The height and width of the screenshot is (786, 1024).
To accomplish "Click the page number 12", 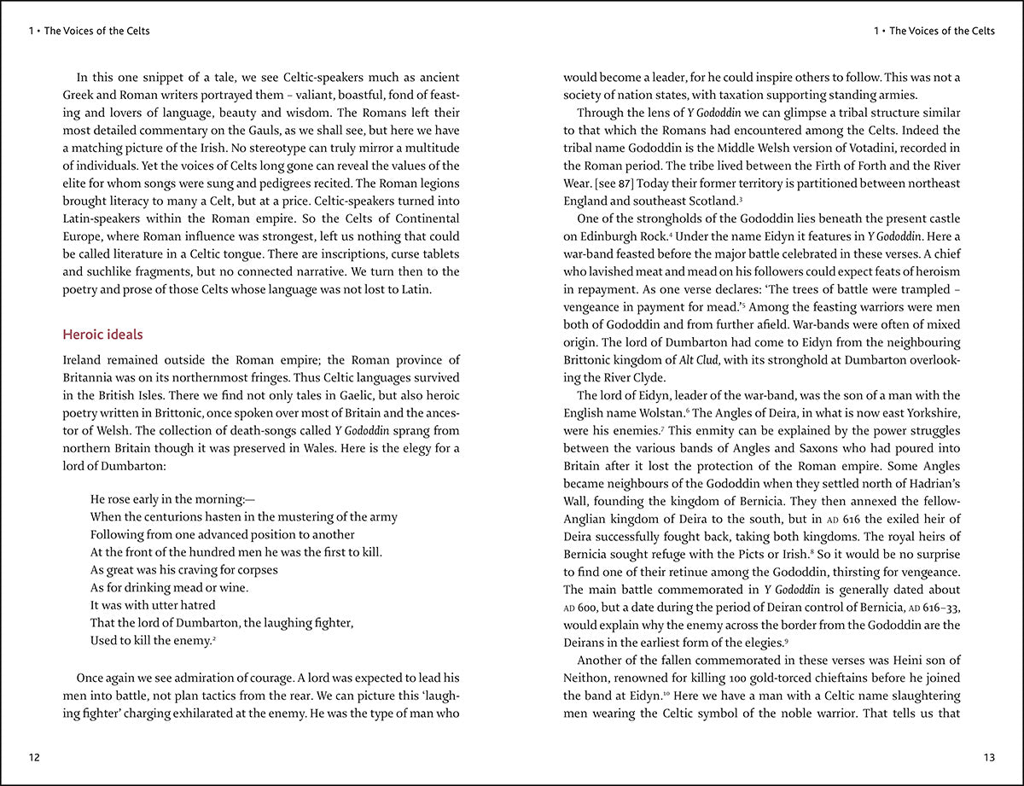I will click(34, 756).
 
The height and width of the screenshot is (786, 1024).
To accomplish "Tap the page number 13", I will click(989, 756).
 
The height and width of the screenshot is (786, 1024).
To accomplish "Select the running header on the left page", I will click(89, 32).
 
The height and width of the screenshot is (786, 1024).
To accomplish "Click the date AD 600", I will click(585, 608).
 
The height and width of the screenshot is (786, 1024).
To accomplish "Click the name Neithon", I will click(590, 678).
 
